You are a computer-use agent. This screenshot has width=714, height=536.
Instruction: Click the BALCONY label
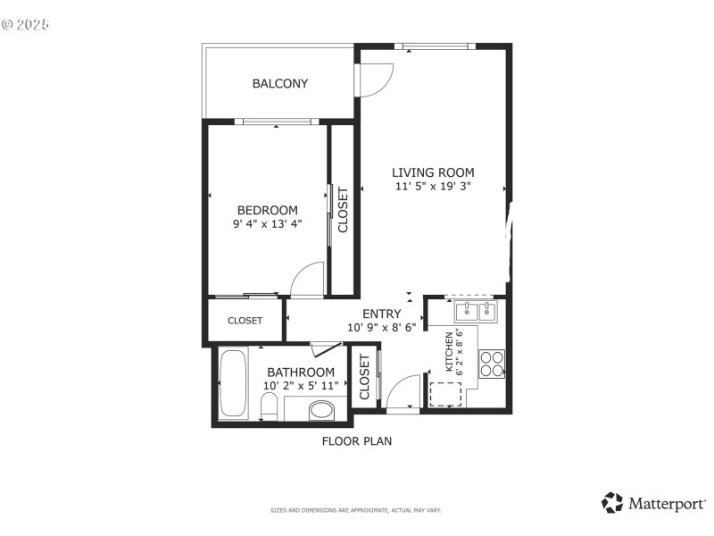[x=279, y=84]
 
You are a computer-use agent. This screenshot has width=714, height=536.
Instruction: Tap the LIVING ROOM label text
[x=433, y=172]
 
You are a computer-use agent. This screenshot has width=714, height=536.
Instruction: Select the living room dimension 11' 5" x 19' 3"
[x=433, y=187]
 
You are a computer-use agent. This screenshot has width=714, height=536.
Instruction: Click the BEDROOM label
[x=267, y=210]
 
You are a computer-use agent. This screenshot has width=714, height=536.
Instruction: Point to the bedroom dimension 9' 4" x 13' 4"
[x=267, y=224]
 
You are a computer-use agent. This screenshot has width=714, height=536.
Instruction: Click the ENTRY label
[x=381, y=314]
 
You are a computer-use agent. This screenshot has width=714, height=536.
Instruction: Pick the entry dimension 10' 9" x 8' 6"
[x=381, y=327]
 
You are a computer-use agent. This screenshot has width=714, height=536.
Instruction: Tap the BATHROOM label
[x=301, y=373]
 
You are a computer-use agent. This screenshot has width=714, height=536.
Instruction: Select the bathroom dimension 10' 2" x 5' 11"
[x=301, y=386]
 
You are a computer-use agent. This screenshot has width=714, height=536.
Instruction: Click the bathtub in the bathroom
[x=234, y=385]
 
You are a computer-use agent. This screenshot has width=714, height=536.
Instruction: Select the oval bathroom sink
[x=320, y=411]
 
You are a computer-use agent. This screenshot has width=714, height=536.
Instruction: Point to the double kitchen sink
[x=475, y=312]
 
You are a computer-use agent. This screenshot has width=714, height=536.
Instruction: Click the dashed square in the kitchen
[x=445, y=394]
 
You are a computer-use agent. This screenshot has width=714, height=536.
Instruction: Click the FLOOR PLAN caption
[x=356, y=440]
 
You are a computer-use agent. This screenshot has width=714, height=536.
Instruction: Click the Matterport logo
[x=654, y=503]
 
